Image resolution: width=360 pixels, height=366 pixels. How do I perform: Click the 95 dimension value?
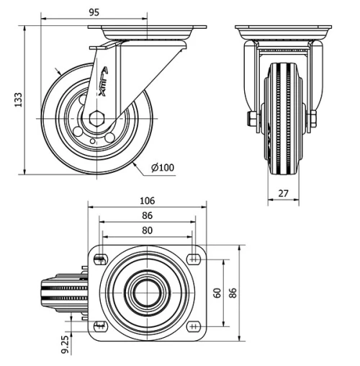[94, 11]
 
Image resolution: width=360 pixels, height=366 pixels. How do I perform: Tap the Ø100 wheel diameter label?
[163, 168]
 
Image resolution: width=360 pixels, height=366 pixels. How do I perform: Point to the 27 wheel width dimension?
[282, 192]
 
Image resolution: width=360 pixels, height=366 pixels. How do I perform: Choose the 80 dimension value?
[147, 231]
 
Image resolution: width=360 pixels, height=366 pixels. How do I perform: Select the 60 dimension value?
[217, 293]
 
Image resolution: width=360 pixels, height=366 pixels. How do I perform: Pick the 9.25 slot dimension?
[65, 344]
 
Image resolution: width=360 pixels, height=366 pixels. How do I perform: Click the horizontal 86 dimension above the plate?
[147, 215]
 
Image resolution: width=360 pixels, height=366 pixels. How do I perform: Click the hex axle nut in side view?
[98, 117]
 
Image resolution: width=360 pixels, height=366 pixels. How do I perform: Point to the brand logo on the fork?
[104, 81]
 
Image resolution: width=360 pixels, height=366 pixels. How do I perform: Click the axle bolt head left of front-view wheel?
[251, 118]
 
